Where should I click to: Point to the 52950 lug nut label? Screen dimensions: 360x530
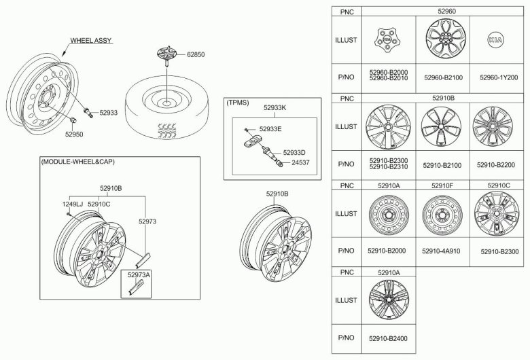pyautogui.click(x=74, y=134)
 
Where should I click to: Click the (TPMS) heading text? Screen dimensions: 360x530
pyautogui.click(x=238, y=103)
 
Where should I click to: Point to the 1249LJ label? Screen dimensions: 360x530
pyautogui.click(x=71, y=203)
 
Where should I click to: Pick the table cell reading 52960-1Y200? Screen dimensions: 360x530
pyautogui.click(x=499, y=77)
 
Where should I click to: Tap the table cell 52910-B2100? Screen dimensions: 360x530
pyautogui.click(x=442, y=164)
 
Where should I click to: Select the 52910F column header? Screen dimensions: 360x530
pyautogui.click(x=442, y=185)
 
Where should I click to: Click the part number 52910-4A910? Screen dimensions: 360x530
pyautogui.click(x=442, y=251)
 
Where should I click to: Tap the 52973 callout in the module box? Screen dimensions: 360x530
pyautogui.click(x=147, y=221)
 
